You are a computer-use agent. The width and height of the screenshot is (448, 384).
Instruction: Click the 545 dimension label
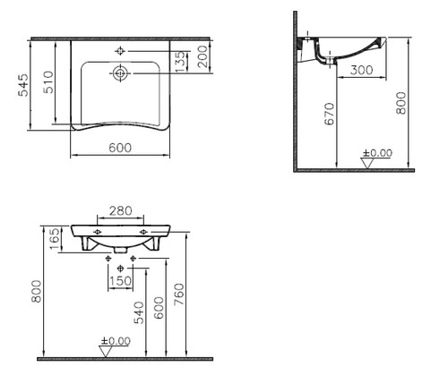tap(23, 85)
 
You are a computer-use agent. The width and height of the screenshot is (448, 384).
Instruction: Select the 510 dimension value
tap(48, 82)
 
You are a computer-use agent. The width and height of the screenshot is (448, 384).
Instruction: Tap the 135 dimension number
tap(180, 62)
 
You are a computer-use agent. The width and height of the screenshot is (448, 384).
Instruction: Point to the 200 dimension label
tap(202, 56)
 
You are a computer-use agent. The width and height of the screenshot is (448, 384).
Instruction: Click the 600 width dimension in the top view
tap(120, 148)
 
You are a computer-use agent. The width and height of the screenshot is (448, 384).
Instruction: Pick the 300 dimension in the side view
tap(361, 70)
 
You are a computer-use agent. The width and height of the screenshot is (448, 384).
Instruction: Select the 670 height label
tap(330, 114)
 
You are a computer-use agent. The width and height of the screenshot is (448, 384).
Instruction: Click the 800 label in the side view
tap(401, 103)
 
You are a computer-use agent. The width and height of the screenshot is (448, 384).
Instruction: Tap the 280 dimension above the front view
tap(120, 211)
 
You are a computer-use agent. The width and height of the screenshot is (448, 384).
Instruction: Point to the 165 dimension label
tap(55, 239)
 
